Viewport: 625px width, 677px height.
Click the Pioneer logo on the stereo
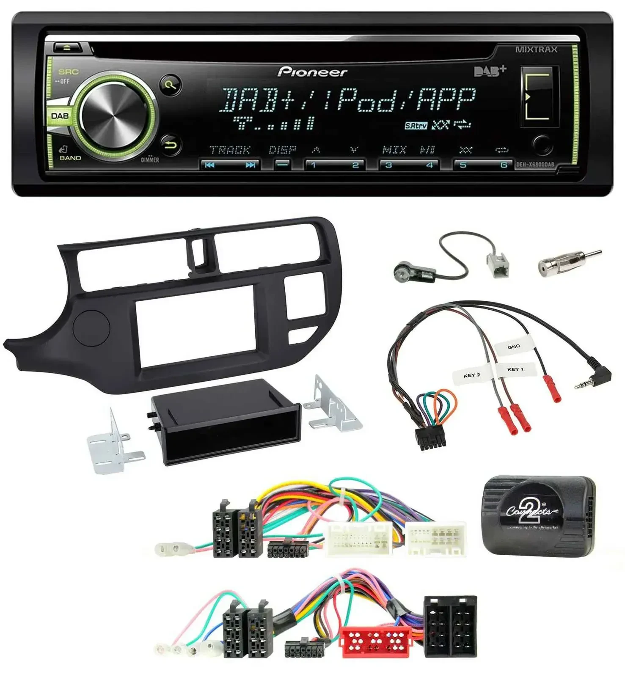click(x=312, y=72)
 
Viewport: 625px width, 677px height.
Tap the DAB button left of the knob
click(x=60, y=116)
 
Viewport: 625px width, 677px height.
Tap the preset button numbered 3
click(x=389, y=165)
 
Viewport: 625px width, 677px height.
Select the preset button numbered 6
click(x=503, y=165)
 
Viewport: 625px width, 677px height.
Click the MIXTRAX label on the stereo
click(x=536, y=50)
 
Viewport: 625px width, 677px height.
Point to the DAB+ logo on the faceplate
click(x=490, y=71)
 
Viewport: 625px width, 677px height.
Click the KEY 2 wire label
click(x=472, y=375)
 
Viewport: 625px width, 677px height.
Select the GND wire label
click(x=513, y=347)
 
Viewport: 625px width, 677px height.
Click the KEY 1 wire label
click(x=515, y=369)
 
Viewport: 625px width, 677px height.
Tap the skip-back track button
click(x=209, y=165)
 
